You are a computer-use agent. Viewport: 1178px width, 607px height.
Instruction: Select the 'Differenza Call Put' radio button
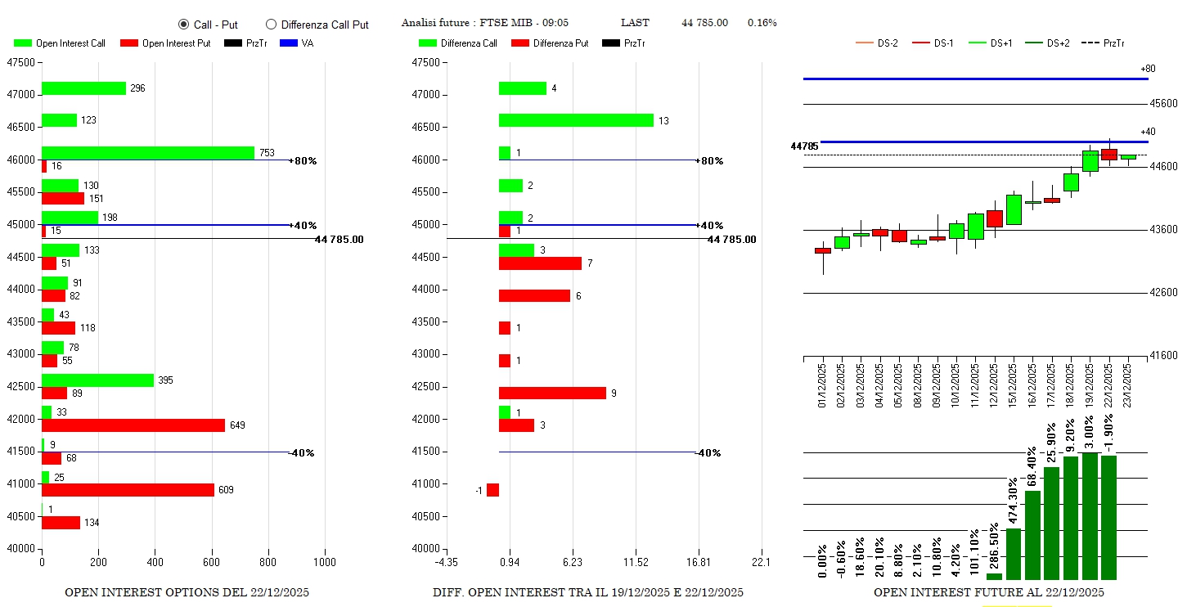pyautogui.click(x=272, y=25)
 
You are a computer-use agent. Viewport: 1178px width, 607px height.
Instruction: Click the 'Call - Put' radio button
pyautogui.click(x=183, y=25)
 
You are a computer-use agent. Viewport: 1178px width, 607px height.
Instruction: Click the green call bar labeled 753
pyautogui.click(x=148, y=153)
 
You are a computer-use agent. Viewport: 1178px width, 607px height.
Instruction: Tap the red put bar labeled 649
pyautogui.click(x=133, y=425)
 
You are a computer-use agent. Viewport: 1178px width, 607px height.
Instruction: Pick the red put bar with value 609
pyautogui.click(x=128, y=490)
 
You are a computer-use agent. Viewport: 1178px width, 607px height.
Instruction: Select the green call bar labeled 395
pyautogui.click(x=97, y=380)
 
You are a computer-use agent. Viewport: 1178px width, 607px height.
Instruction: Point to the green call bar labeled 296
pyautogui.click(x=83, y=88)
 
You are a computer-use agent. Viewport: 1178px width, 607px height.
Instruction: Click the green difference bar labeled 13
pyautogui.click(x=576, y=120)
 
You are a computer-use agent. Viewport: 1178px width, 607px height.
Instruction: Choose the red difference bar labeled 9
pyautogui.click(x=552, y=393)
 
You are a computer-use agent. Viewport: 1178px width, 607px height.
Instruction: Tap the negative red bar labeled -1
pyautogui.click(x=492, y=490)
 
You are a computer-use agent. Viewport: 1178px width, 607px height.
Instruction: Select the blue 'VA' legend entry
pyautogui.click(x=297, y=43)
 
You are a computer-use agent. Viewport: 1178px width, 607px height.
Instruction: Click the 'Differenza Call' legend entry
pyautogui.click(x=458, y=43)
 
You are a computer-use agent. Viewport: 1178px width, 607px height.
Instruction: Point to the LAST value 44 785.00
pyautogui.click(x=704, y=23)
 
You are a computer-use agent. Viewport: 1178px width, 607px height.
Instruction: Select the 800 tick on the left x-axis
pyautogui.click(x=268, y=563)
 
